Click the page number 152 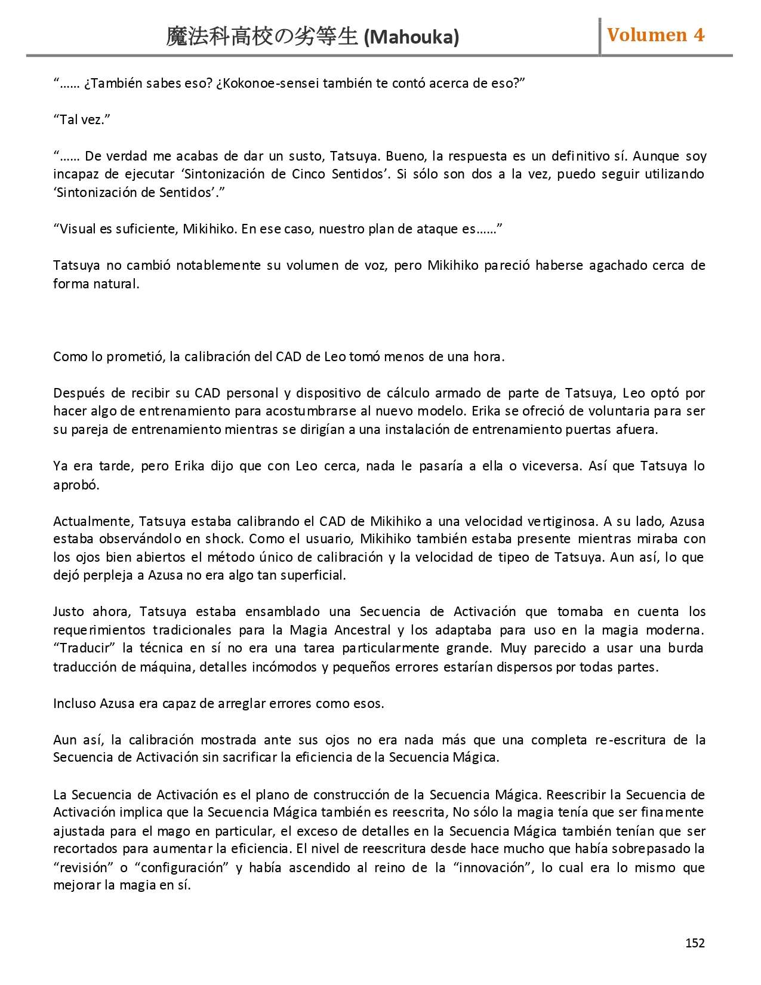(695, 943)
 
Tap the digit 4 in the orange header (698, 35)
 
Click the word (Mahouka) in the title (411, 38)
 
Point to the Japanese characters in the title (261, 37)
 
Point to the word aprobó (76, 485)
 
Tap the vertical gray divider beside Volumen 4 (600, 36)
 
